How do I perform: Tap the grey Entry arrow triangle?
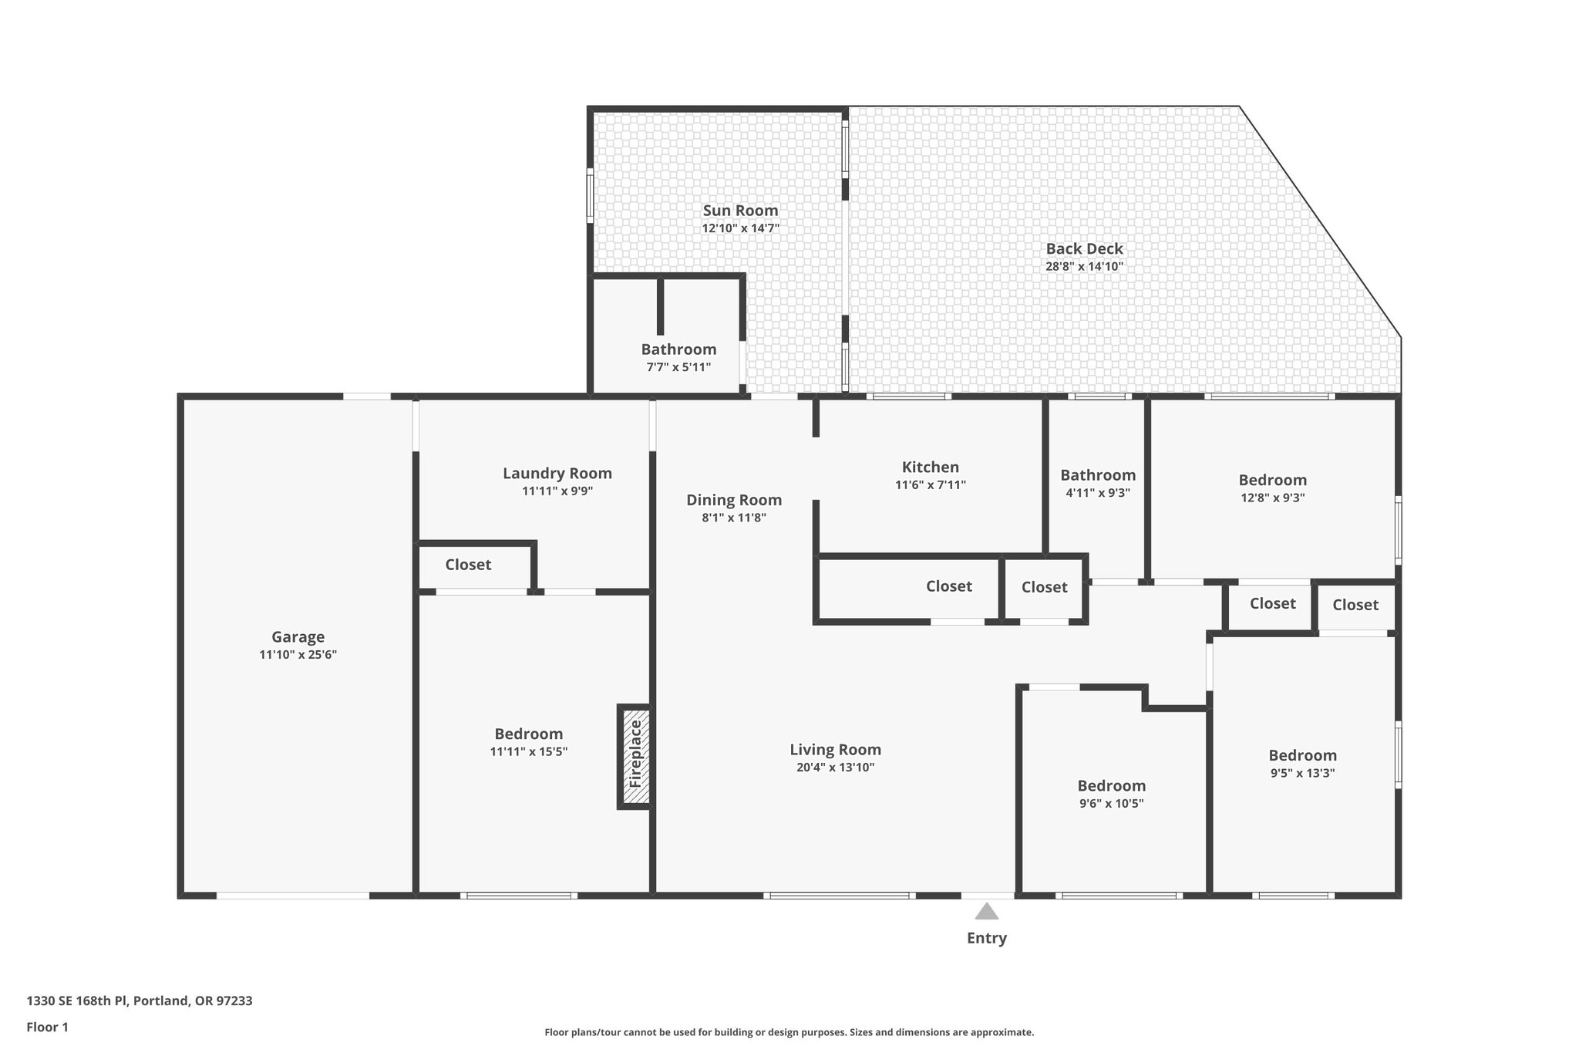pyautogui.click(x=986, y=912)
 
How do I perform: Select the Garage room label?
pyautogui.click(x=298, y=637)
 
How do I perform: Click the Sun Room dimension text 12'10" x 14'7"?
pyautogui.click(x=740, y=228)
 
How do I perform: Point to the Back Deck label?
pyautogui.click(x=1084, y=248)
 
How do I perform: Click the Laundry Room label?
pyautogui.click(x=557, y=474)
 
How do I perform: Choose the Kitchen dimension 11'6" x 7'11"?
pyautogui.click(x=930, y=485)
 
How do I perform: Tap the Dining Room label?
pyautogui.click(x=734, y=500)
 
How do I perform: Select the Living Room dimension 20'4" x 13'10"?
pyautogui.click(x=835, y=768)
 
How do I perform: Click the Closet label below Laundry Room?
pyautogui.click(x=468, y=565)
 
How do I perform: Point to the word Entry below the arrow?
pyautogui.click(x=986, y=938)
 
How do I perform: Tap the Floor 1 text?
pyautogui.click(x=47, y=1027)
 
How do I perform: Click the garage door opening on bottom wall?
pyautogui.click(x=292, y=896)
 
